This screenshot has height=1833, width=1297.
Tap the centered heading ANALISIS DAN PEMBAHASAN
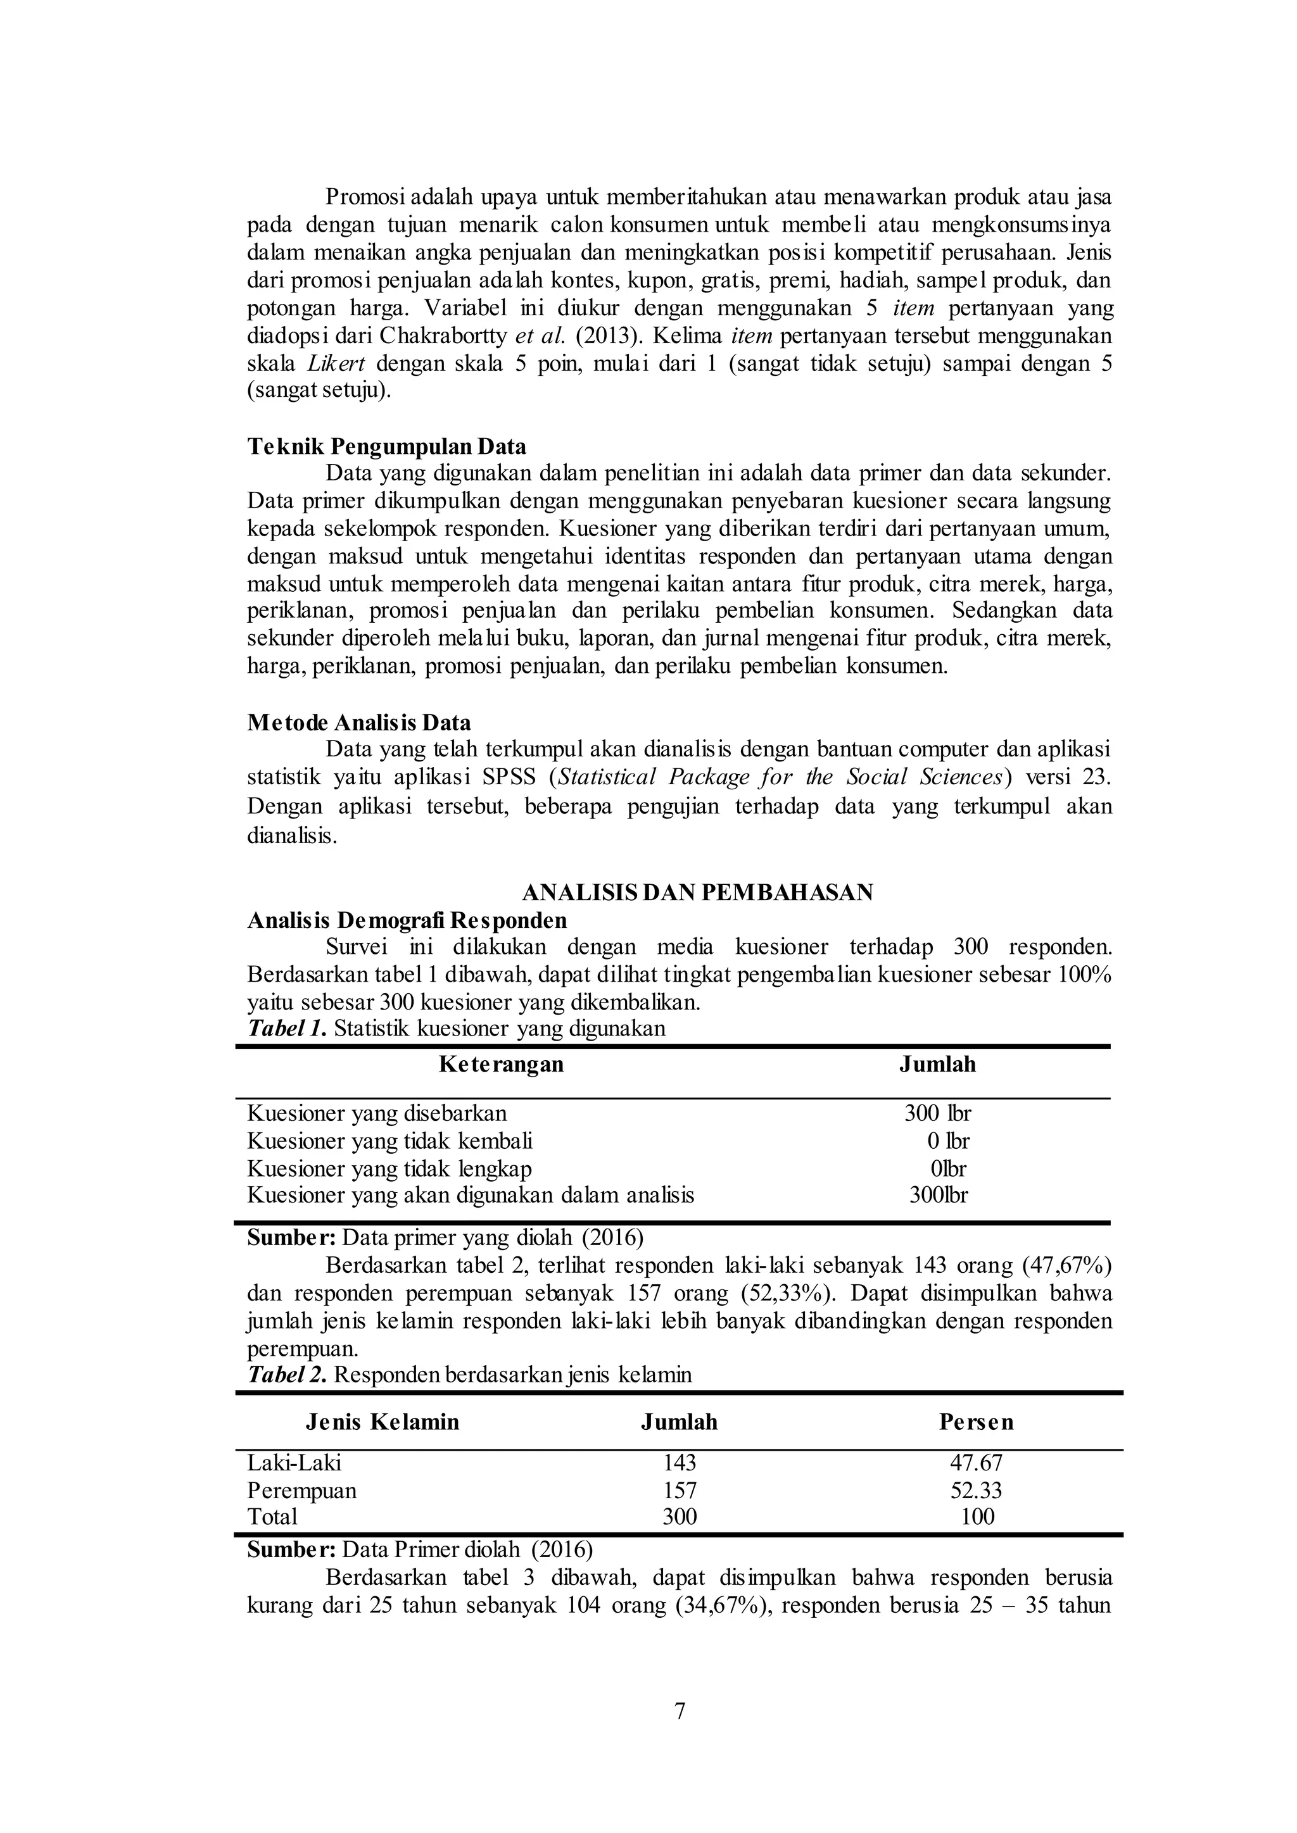click(697, 892)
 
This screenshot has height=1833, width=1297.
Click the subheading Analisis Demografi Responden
click(407, 920)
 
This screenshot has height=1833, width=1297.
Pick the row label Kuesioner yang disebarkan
click(376, 1113)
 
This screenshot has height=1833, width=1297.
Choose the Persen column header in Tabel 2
click(976, 1422)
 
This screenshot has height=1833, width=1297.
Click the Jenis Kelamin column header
click(383, 1422)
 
